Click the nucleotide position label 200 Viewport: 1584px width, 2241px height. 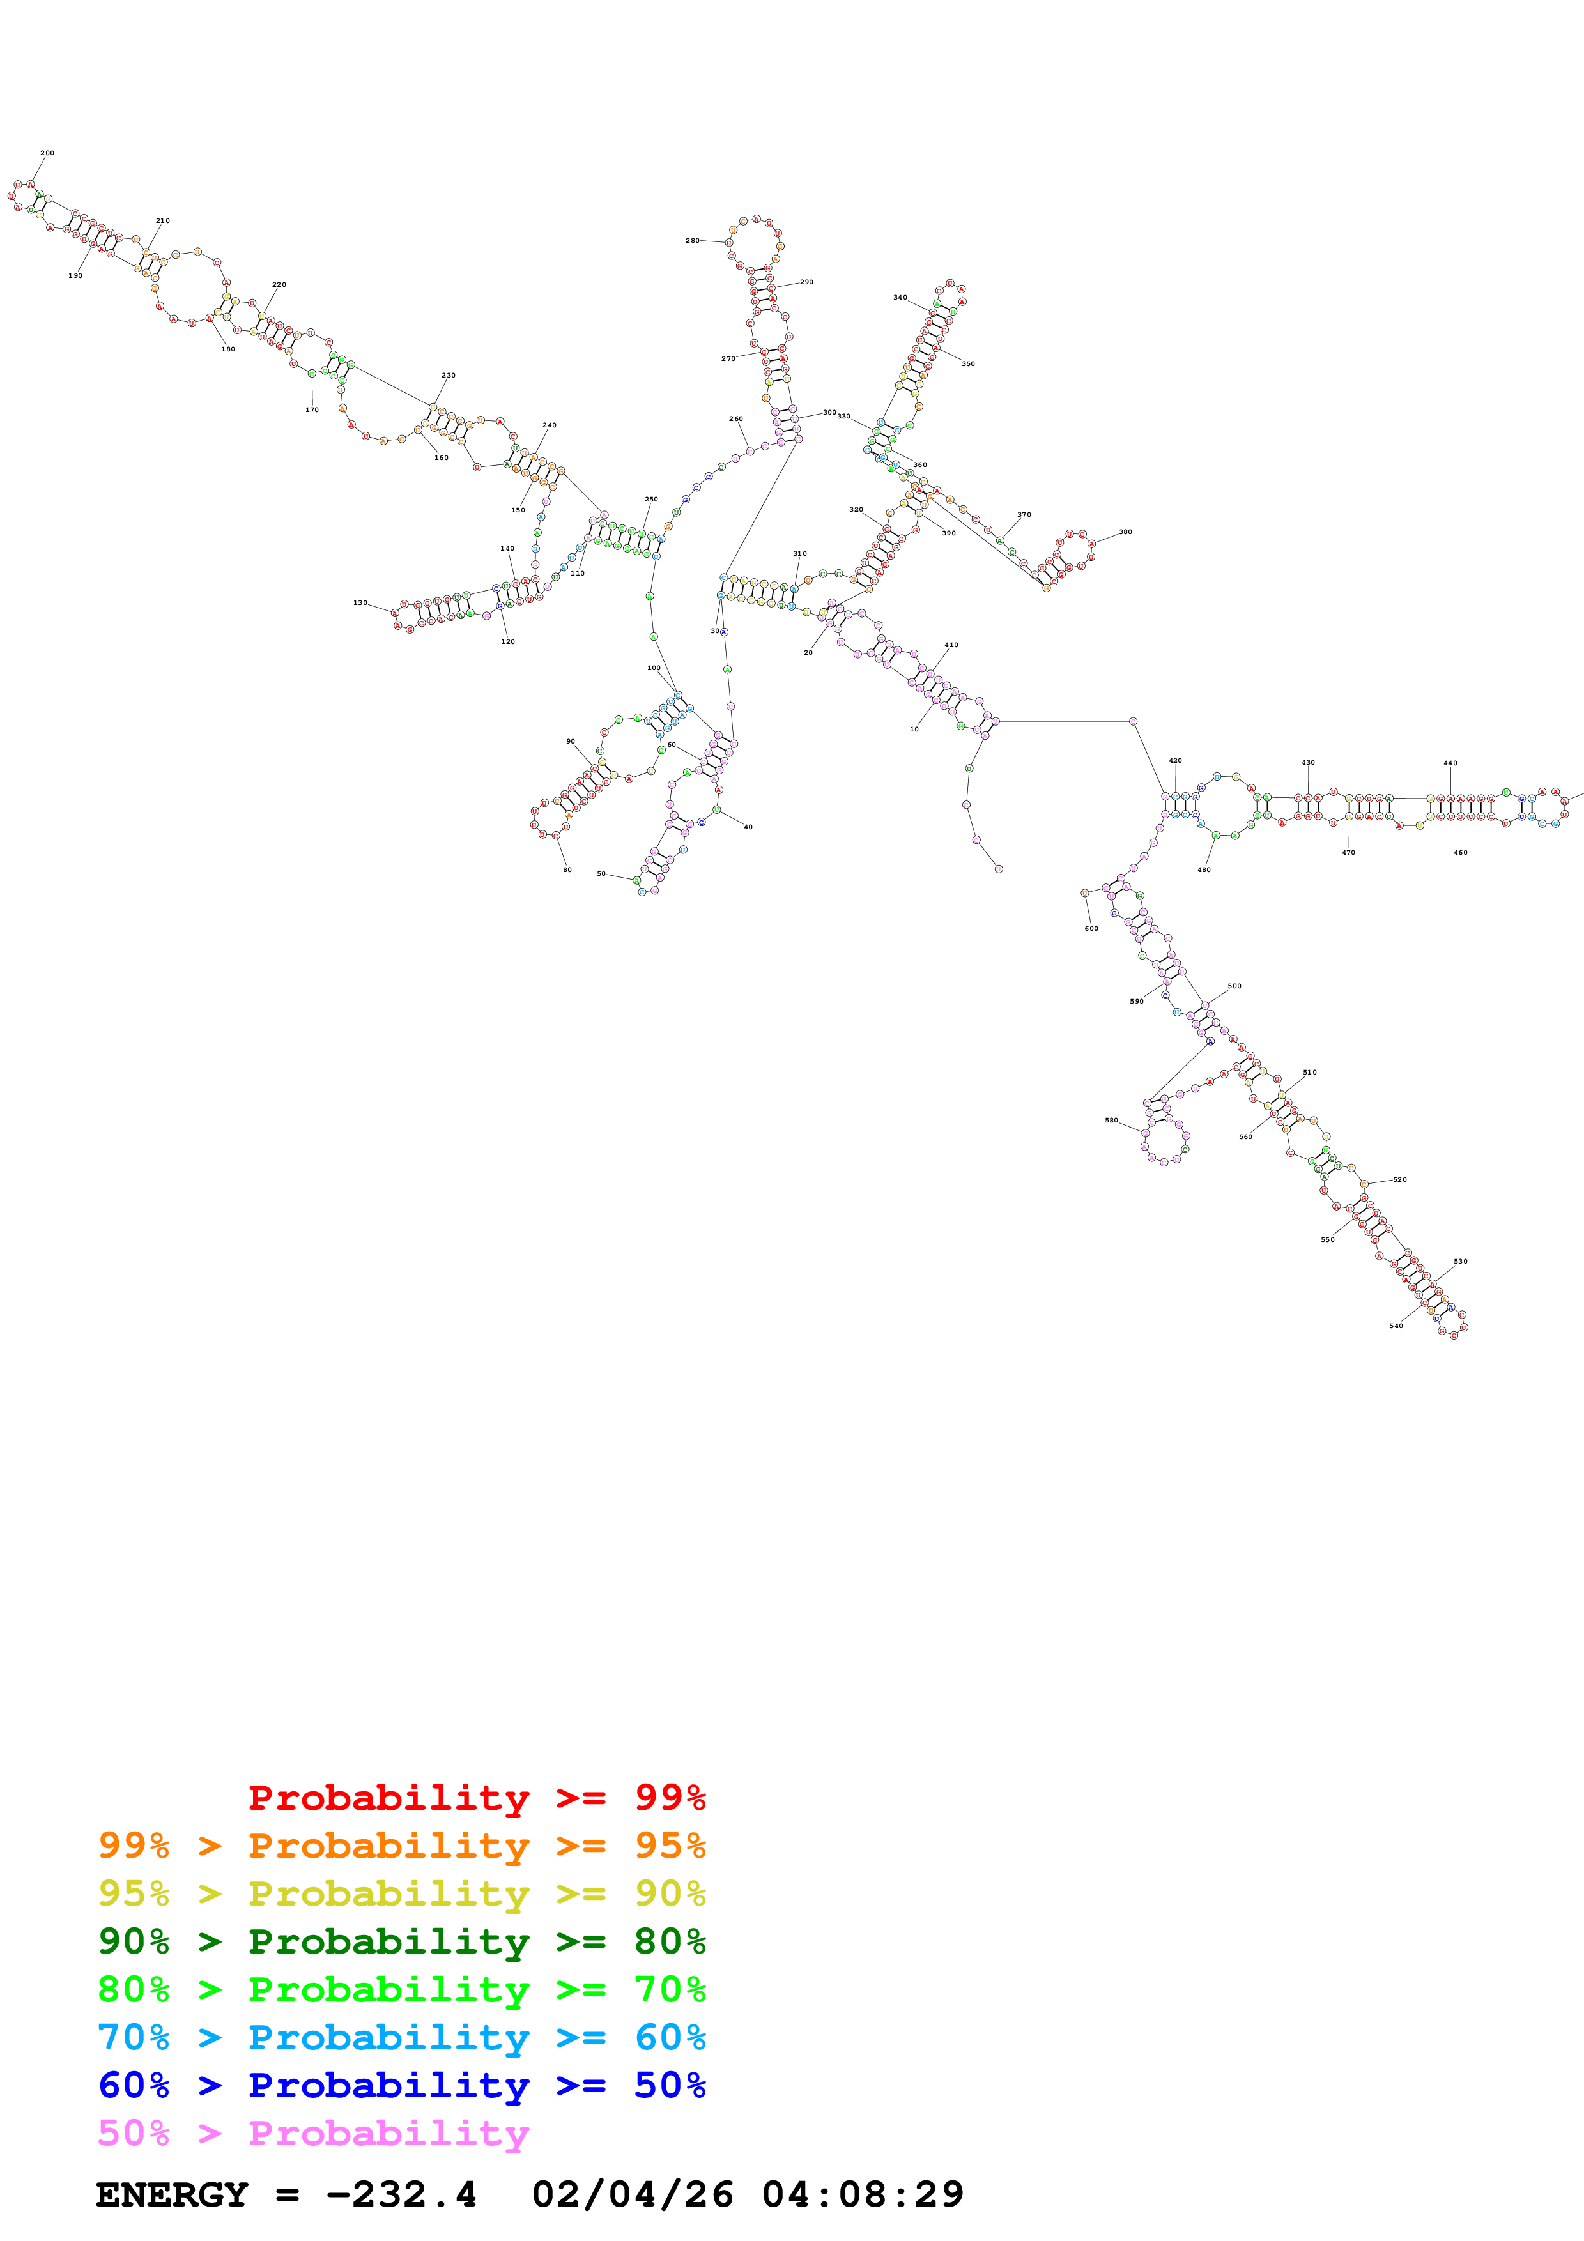(x=47, y=153)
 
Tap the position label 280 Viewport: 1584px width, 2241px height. (x=692, y=240)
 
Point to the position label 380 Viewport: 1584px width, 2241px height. (x=1125, y=532)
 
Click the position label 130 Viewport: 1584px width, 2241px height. (x=360, y=603)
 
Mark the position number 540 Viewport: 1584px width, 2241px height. (x=1396, y=1326)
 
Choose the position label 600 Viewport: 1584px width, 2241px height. (x=1091, y=928)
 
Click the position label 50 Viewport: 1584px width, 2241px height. (x=601, y=873)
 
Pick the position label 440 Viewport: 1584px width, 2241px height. (x=1450, y=763)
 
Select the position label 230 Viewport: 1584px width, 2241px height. (x=448, y=375)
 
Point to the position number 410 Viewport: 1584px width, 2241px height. (x=951, y=645)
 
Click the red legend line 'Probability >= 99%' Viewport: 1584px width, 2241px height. (x=476, y=1798)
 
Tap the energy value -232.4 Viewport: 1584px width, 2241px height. (x=401, y=2195)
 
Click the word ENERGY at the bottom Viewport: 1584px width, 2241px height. (x=172, y=2195)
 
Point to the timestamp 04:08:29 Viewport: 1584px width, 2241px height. (x=863, y=2195)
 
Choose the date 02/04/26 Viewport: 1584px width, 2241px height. (x=633, y=2195)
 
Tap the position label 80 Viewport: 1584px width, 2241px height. (x=567, y=869)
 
